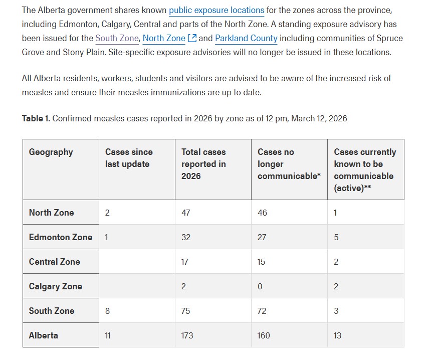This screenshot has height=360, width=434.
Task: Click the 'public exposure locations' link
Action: pos(216,10)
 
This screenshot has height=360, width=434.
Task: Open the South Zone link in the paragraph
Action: pos(117,38)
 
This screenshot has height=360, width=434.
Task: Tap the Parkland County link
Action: pos(246,38)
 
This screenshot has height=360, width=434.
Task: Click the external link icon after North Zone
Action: pos(191,38)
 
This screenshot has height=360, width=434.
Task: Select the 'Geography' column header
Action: pos(51,152)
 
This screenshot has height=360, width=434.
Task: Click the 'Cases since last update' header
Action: pos(129,158)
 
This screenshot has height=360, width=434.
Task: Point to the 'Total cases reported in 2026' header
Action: pos(203,164)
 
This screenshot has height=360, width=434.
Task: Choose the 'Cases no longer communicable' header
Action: pos(289,164)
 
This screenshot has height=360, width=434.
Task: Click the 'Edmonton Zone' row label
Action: pos(61,237)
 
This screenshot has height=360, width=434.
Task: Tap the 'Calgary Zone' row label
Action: pos(56,286)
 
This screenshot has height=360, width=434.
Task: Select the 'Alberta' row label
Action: pos(44,335)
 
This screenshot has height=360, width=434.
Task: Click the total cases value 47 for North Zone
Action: pos(186,213)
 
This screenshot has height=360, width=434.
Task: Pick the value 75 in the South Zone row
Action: pos(186,311)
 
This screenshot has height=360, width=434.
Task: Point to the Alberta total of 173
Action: pos(187,335)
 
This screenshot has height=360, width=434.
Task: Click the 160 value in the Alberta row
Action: pos(264,335)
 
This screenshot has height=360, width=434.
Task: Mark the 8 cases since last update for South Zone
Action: pos(107,311)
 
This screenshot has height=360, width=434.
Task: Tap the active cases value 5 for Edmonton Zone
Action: pos(336,237)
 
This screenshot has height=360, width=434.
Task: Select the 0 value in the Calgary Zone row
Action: pos(260,286)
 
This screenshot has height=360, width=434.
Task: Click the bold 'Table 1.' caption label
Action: pos(36,118)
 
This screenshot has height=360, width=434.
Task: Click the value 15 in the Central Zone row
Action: pos(262,262)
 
